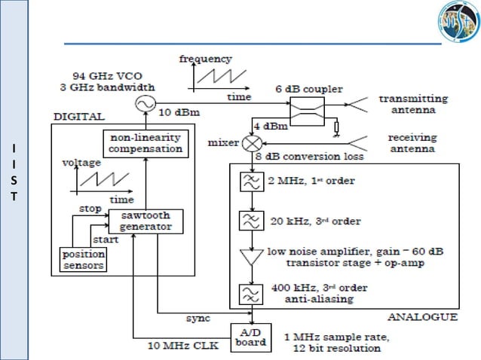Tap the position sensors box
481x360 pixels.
(x=84, y=259)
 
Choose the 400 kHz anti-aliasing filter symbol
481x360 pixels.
(x=249, y=292)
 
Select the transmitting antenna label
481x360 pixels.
(x=412, y=104)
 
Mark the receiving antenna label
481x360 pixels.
(x=412, y=142)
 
